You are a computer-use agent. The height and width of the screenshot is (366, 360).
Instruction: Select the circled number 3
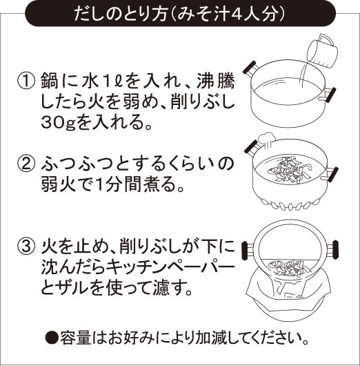coord(26,245)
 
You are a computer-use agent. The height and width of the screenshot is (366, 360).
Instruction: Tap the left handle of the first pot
coord(251,68)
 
